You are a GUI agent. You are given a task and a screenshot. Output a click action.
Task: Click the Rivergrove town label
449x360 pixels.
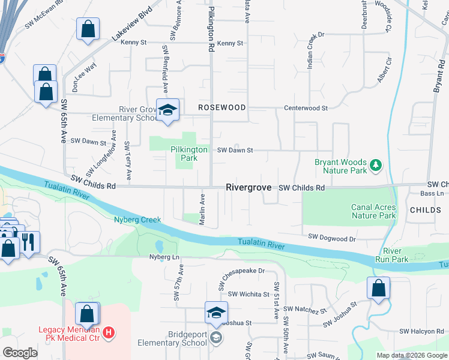(x=249, y=187)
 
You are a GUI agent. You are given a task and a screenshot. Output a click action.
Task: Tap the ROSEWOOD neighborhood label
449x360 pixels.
(x=222, y=107)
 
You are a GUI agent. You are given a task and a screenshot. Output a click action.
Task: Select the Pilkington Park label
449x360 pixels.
(x=188, y=154)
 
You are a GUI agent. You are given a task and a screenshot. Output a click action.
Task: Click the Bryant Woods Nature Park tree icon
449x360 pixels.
(x=376, y=164)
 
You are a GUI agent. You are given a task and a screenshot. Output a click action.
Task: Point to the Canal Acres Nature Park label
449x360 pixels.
(x=373, y=211)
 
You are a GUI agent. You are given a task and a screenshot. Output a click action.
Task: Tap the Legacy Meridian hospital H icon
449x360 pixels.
(x=109, y=332)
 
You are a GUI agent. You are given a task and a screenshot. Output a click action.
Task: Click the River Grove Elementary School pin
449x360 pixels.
(x=167, y=110)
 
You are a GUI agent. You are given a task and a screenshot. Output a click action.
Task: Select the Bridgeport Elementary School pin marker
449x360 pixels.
(x=217, y=313)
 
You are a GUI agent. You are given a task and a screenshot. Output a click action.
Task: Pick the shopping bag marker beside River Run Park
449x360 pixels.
(x=379, y=289)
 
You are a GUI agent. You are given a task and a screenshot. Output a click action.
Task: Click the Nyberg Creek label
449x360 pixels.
(x=137, y=220)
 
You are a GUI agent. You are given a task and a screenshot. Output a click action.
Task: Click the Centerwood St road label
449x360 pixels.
(x=306, y=109)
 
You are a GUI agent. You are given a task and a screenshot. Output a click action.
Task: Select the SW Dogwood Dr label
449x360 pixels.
(x=332, y=238)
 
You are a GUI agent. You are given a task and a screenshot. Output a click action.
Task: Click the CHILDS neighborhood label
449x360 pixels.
(x=426, y=210)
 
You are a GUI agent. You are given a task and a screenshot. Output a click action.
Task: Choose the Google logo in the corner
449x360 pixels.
(x=20, y=353)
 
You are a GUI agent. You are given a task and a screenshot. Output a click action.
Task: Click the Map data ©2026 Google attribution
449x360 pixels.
(x=411, y=355)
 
